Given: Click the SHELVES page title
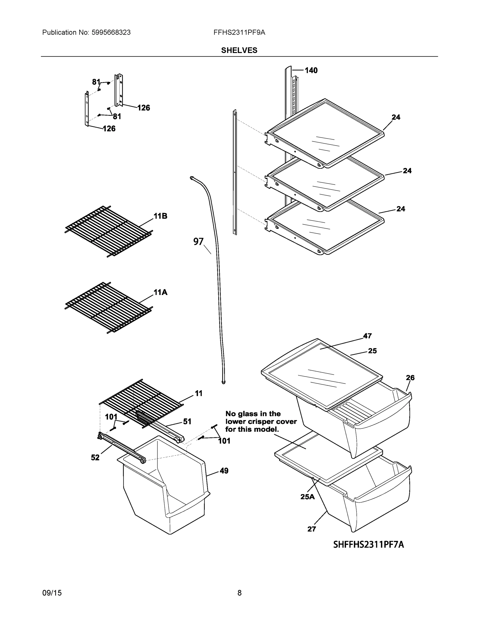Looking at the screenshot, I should click(x=239, y=50).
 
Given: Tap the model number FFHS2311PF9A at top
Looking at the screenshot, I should click(x=239, y=32).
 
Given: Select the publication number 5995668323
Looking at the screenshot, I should click(x=111, y=32).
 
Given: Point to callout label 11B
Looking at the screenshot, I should click(x=160, y=216).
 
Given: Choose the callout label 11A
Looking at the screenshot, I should click(x=160, y=292).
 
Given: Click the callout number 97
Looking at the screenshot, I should click(x=198, y=242).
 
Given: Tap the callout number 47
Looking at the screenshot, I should click(x=367, y=336).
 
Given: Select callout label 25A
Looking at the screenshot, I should click(x=308, y=497).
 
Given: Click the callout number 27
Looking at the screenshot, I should click(x=312, y=529).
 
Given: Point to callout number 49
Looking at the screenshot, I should click(x=224, y=471).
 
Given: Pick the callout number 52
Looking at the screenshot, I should click(x=95, y=458).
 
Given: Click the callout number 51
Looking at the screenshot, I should click(x=187, y=422).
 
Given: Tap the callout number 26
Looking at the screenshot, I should click(x=410, y=378).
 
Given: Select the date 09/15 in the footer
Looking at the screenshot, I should click(x=52, y=593).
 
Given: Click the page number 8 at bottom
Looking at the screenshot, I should click(x=239, y=593).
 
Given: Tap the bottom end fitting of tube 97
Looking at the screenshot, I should click(x=223, y=382).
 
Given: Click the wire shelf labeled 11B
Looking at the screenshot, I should click(x=109, y=231).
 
